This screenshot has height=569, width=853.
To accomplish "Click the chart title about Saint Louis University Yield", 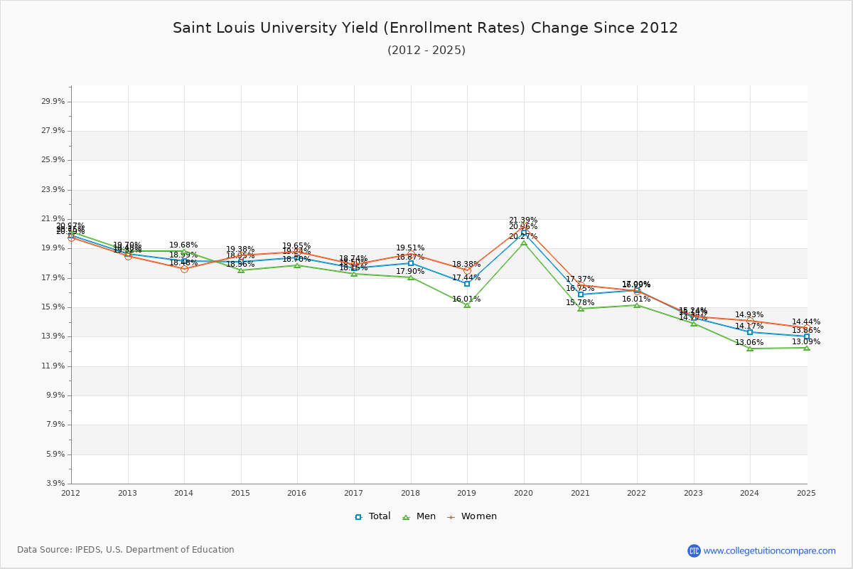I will [425, 28].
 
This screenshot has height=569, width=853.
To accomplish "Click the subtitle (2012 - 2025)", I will [426, 50].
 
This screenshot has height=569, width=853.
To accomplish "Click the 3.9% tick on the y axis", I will [55, 484].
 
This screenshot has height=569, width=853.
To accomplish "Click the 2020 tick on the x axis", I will [523, 493].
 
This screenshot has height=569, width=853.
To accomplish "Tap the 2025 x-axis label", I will [806, 493].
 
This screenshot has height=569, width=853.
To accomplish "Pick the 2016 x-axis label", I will [297, 493].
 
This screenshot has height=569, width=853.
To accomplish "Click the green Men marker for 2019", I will [467, 305].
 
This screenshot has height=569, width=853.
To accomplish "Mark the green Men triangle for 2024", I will [750, 349].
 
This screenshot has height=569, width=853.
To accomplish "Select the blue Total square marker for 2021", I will [581, 294].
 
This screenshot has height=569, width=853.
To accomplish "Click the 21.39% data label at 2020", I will [523, 220].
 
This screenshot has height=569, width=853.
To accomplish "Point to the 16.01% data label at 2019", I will [466, 299].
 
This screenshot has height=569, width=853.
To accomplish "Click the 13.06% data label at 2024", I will [749, 343].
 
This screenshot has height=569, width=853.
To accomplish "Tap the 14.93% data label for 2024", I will [749, 315].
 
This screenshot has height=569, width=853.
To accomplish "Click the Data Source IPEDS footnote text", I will [126, 550].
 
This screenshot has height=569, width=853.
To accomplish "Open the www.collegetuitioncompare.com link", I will [769, 551].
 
